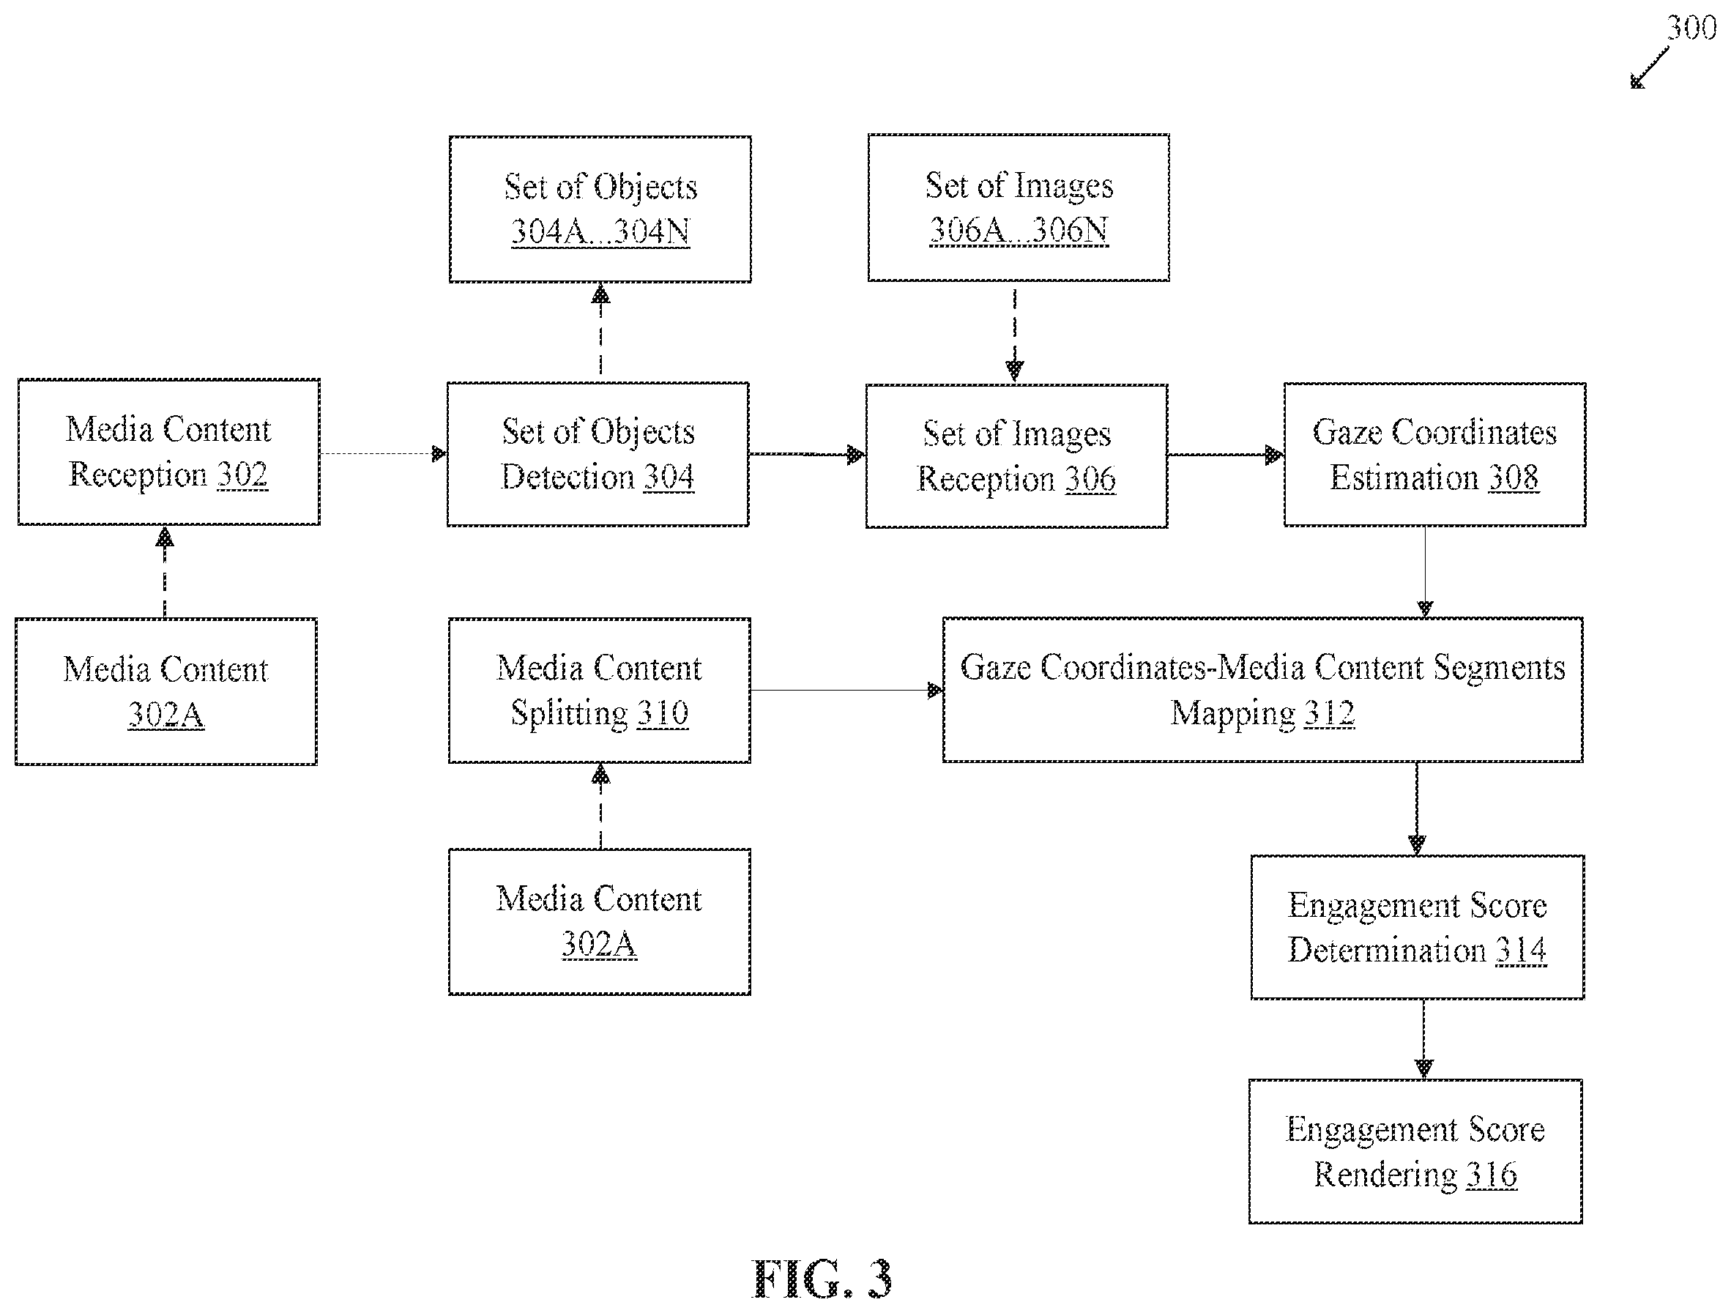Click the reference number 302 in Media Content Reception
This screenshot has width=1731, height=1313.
coord(242,475)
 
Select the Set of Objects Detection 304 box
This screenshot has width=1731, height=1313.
coord(598,455)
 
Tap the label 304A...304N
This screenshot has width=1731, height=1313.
coord(600,231)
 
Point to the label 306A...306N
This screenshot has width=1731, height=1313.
coord(1019,230)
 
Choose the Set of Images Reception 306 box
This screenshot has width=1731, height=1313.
coord(1016,456)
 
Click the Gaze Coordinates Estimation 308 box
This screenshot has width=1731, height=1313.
coord(1434,455)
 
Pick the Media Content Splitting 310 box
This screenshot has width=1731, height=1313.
coord(600,690)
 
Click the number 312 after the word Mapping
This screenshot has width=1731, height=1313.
coord(1329,713)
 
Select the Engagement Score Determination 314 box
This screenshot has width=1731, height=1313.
coord(1417,927)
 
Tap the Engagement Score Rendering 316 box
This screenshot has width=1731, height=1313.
coord(1415,1151)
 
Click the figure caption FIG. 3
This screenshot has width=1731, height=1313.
coord(822,1279)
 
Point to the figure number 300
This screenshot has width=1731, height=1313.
coord(1690,28)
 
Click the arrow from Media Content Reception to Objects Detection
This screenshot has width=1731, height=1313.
coord(384,454)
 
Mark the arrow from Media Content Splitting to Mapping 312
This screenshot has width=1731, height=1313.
coord(846,690)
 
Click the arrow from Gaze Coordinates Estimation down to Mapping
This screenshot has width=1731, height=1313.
coord(1425,572)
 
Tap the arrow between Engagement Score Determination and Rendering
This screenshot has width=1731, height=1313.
coord(1423,1039)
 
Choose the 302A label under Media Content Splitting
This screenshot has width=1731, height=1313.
coord(600,944)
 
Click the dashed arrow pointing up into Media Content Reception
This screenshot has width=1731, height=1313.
coord(164,572)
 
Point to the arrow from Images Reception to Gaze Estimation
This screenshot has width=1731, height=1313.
coord(1226,455)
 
